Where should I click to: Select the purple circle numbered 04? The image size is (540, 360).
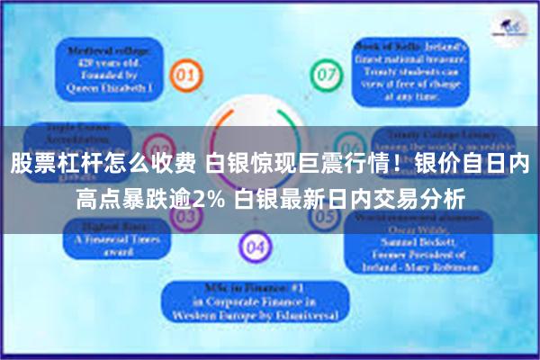point(255,245)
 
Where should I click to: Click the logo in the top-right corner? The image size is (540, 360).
point(510,27)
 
